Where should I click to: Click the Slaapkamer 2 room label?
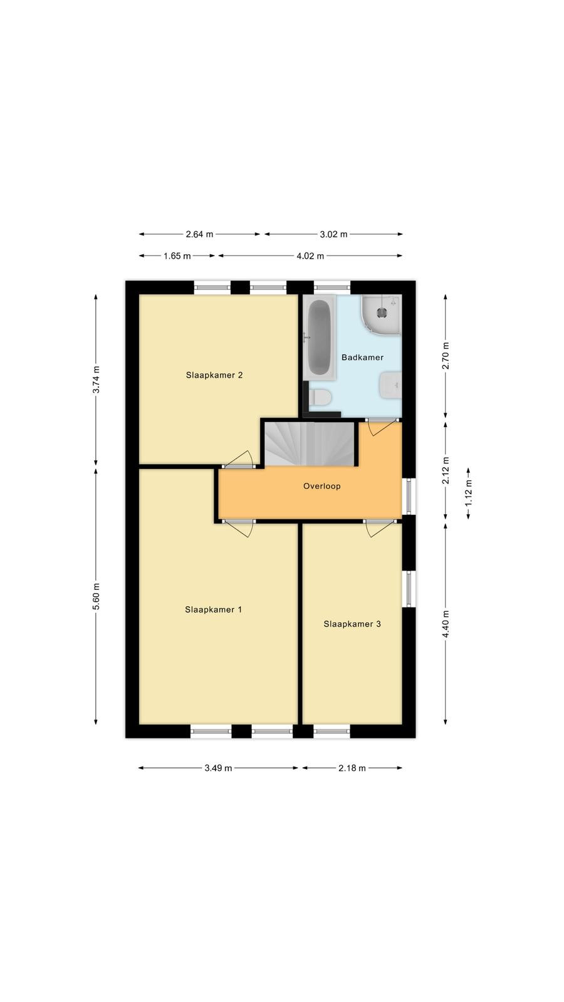[214, 375]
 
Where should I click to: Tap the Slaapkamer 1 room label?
[213, 609]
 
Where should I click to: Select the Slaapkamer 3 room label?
[352, 624]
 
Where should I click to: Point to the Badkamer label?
[362, 357]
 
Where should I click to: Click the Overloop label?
[321, 486]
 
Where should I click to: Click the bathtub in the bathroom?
[319, 338]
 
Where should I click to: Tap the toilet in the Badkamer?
[320, 397]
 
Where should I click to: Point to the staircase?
[310, 443]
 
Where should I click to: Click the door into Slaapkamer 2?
[239, 460]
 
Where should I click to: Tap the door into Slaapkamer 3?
[380, 529]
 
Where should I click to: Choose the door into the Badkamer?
[382, 426]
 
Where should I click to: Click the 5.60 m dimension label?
[96, 596]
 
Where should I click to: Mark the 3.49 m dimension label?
[219, 768]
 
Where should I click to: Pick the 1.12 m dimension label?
[468, 493]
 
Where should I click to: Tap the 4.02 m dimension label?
[310, 256]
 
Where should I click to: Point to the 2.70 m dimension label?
[446, 356]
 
